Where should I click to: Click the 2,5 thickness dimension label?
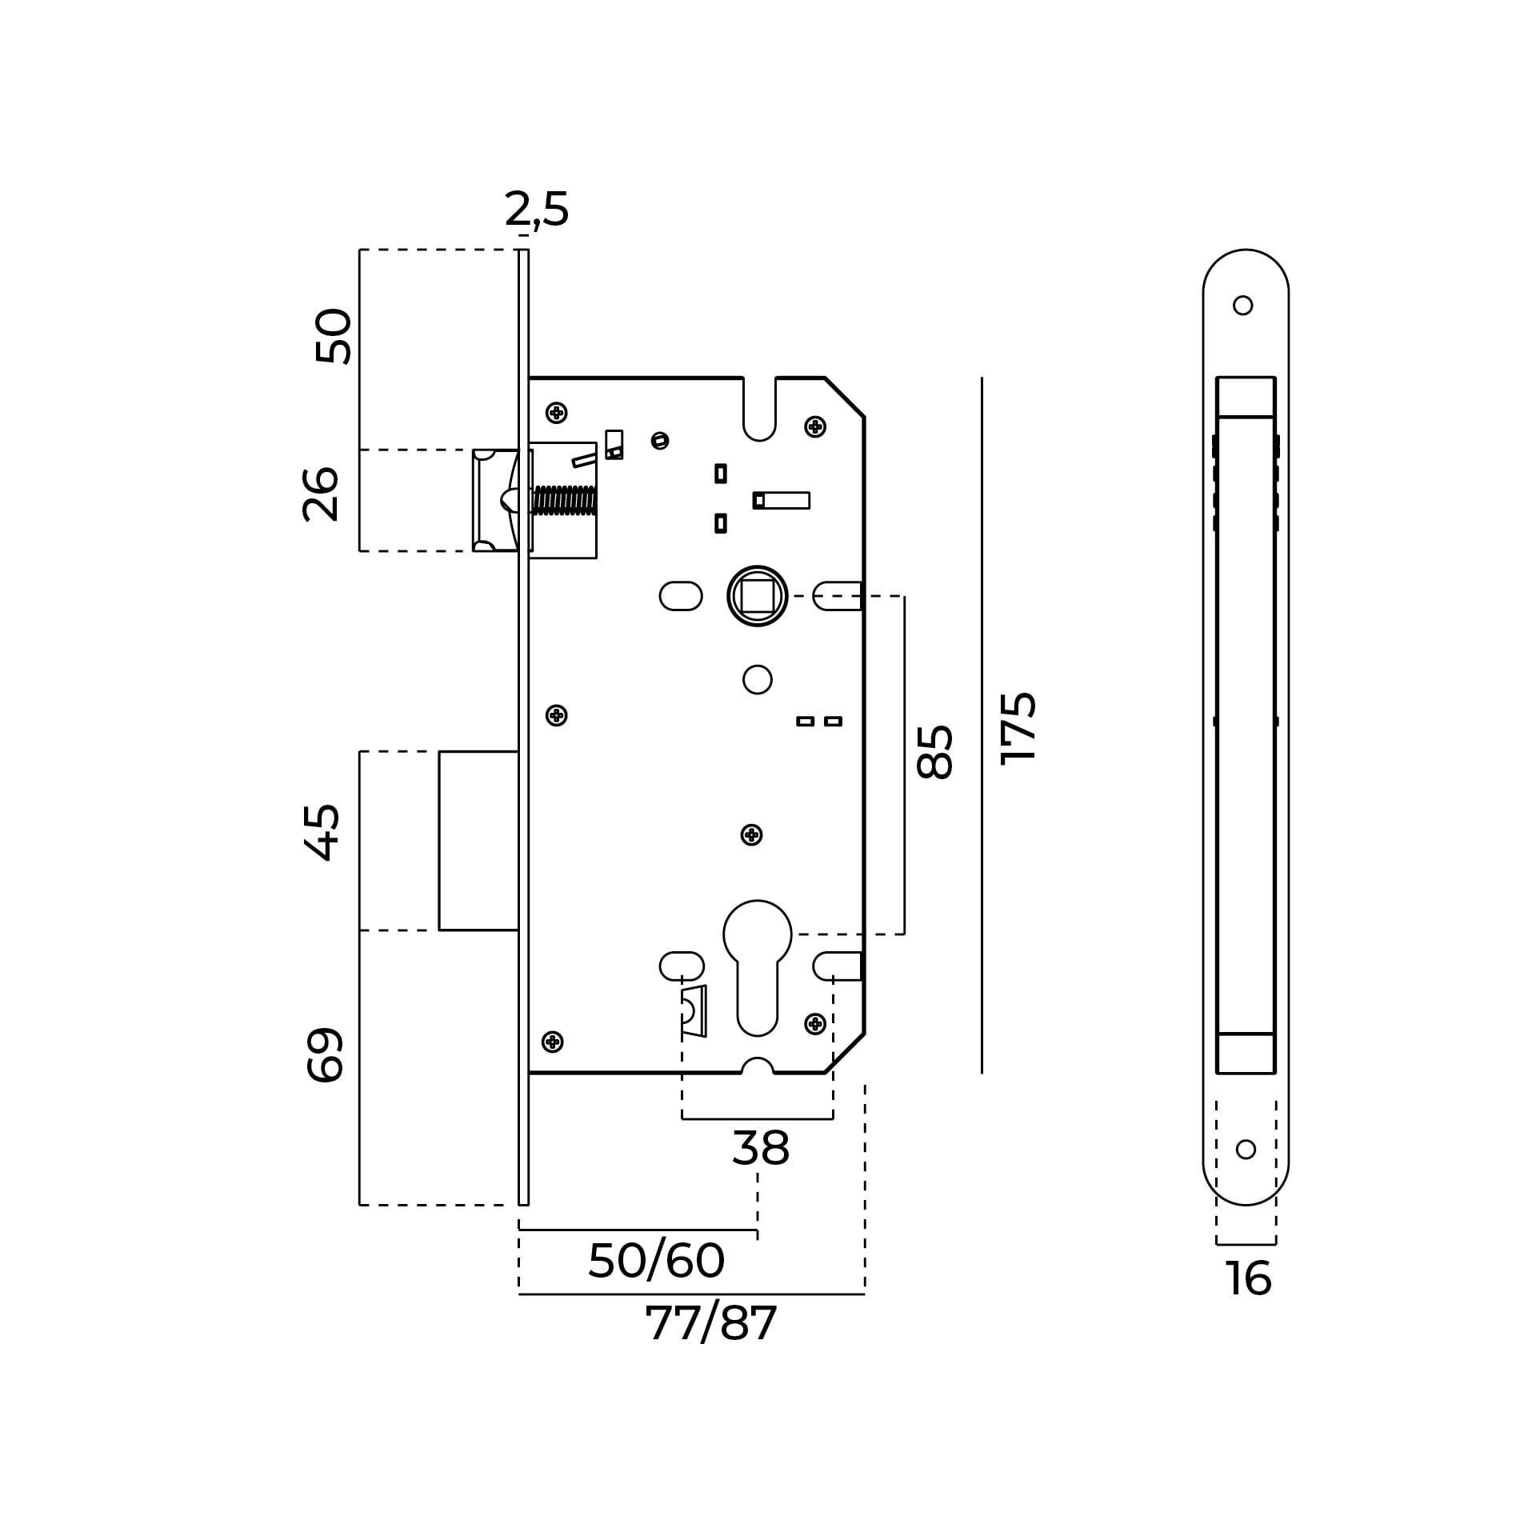click(537, 210)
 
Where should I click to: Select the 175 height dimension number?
click(1018, 728)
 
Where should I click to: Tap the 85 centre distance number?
click(934, 752)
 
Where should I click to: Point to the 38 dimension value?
click(761, 1149)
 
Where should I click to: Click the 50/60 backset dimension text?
click(656, 1262)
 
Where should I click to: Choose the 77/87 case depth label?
click(710, 1324)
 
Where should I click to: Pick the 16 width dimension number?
click(1248, 1301)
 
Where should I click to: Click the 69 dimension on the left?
click(325, 1055)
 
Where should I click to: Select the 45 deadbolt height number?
click(322, 833)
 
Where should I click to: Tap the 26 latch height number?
click(322, 494)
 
